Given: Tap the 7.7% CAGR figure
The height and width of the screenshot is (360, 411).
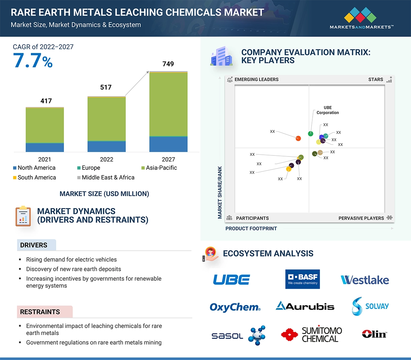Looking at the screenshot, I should (33, 61).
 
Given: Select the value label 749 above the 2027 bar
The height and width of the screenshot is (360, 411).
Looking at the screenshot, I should (168, 64).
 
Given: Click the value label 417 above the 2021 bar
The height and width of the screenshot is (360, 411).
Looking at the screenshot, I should (46, 101).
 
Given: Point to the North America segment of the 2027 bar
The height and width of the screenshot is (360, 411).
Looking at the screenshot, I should (168, 144).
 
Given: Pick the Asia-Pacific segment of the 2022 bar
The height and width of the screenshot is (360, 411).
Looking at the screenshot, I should (106, 119).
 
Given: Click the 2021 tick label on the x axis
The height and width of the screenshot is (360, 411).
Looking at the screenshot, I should (45, 159).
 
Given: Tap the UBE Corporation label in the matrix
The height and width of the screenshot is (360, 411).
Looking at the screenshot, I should (327, 110).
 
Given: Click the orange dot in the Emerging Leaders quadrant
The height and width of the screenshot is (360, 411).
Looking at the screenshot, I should (298, 139).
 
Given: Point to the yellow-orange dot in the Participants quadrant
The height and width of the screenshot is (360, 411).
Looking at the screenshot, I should (289, 169).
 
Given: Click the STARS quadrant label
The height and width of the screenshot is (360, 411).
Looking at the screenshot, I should (376, 80).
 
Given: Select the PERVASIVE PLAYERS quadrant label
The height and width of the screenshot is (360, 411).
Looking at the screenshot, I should (361, 218).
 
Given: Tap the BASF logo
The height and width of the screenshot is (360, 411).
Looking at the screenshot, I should (302, 279).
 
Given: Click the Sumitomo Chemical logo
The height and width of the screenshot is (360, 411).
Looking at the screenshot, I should (311, 334).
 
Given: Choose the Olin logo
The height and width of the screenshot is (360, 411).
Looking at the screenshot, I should (374, 334).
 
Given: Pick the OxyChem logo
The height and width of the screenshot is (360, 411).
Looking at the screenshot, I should (235, 307).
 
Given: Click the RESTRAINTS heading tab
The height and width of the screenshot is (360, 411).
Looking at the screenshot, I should (40, 312).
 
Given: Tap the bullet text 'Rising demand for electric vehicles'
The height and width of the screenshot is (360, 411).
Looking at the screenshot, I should (71, 260).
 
